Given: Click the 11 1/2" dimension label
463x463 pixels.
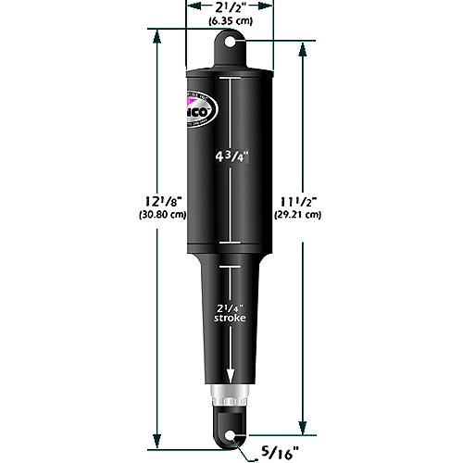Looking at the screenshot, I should (x=298, y=199).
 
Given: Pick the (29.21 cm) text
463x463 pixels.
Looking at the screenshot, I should (x=298, y=214).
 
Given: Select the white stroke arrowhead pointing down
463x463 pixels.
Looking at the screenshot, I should (x=230, y=374).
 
